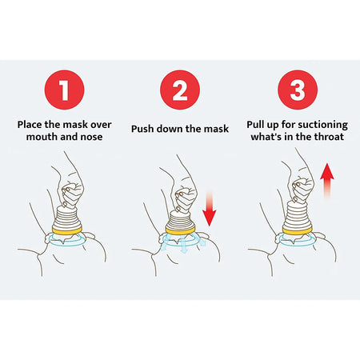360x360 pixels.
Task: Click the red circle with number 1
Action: coord(62,90)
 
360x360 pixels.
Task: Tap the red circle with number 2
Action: coord(179,90)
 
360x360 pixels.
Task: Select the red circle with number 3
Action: coord(297,90)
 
